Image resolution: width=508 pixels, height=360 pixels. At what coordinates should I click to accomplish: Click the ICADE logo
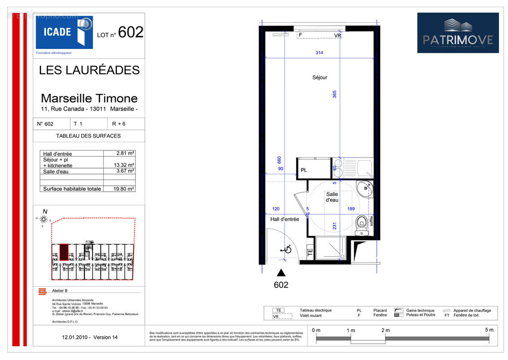(x=64, y=32)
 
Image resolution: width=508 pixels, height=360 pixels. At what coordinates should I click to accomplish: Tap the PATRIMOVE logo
(x=458, y=33)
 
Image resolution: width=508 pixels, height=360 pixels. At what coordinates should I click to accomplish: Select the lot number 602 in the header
(x=131, y=32)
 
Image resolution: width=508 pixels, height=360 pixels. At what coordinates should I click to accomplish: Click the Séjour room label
(x=320, y=77)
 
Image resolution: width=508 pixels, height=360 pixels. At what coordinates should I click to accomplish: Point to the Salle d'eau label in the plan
(x=332, y=197)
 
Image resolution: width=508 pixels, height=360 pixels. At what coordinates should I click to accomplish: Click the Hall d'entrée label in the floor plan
(x=285, y=219)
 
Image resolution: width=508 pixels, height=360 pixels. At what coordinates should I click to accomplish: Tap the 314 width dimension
(x=319, y=53)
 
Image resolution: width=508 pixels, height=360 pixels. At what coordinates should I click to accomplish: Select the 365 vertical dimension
(x=334, y=94)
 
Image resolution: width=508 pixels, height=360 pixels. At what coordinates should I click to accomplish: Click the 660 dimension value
(x=279, y=160)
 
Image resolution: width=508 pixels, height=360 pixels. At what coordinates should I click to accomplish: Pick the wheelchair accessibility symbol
(x=286, y=248)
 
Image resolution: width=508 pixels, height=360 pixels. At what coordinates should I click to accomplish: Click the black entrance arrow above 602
(x=281, y=272)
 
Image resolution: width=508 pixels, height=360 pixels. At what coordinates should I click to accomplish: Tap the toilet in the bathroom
(x=361, y=223)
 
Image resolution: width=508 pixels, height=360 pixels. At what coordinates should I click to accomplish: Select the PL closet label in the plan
(x=304, y=170)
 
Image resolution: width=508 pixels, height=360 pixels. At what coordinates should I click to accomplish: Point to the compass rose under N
(x=44, y=220)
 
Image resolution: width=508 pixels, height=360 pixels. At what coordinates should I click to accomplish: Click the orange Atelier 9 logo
(x=42, y=292)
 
